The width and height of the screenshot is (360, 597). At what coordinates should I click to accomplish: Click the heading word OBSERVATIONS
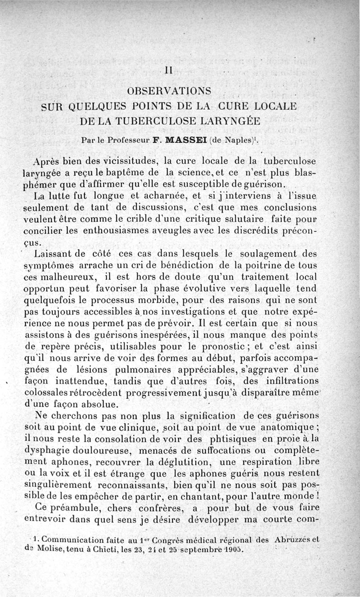click(170, 91)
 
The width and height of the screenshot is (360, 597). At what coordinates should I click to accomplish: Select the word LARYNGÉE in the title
click(238, 121)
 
